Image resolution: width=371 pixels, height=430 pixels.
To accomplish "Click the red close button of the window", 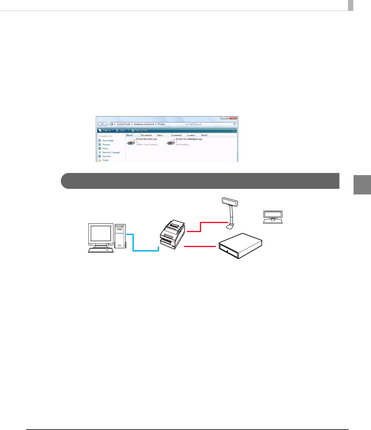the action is pos(233,118).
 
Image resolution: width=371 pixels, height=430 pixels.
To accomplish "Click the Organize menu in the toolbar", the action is pos(106,130).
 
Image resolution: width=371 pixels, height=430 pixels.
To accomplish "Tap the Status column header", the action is pos(160,135).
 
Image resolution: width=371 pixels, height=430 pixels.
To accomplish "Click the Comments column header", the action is pos(176,135).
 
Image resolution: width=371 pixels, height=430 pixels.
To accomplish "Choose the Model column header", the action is pos(204,135).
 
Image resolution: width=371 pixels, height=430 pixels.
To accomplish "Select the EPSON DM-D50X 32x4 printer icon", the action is pos(131,142).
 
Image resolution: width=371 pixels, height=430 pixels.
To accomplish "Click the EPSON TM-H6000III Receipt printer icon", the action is pos(171,142).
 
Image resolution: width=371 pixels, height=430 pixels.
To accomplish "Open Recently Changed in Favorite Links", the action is pos(111,152).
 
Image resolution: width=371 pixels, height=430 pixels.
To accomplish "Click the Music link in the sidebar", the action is pos(105,148).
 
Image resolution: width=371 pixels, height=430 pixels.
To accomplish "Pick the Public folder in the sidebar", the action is pos(105,160).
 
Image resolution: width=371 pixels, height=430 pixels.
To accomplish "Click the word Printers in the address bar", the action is pos(161,124).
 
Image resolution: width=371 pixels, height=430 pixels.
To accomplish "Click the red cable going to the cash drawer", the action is pos(200,246).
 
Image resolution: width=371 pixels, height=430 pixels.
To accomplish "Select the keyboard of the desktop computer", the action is pos(100,250).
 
